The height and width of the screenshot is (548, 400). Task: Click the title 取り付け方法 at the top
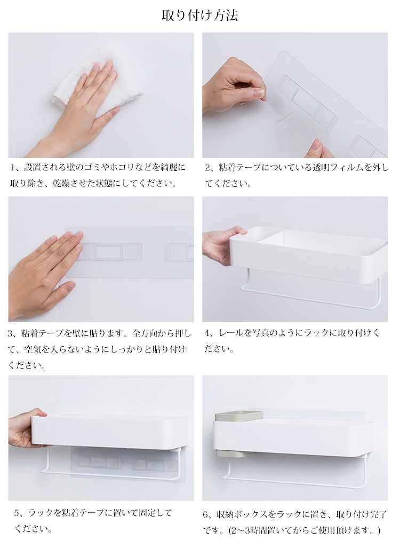[200, 15]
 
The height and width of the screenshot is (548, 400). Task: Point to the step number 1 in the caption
[14, 168]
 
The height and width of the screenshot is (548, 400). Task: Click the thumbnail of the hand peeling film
[295, 95]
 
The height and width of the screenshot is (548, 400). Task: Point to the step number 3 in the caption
[11, 333]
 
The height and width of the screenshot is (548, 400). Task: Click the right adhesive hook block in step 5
[155, 465]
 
